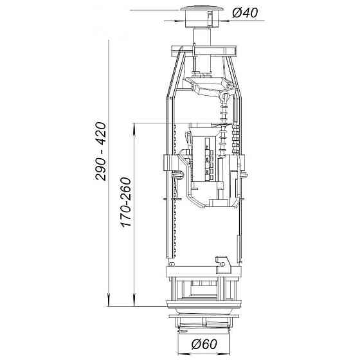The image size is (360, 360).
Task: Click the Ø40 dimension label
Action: click(x=245, y=13)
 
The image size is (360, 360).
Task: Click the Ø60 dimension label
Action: click(x=204, y=344)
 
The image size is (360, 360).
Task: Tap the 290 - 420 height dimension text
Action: click(x=101, y=151)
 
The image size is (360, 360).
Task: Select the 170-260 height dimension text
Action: click(x=126, y=202)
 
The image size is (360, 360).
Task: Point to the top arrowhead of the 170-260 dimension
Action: click(x=135, y=129)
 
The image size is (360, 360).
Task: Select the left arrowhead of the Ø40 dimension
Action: click(x=180, y=21)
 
